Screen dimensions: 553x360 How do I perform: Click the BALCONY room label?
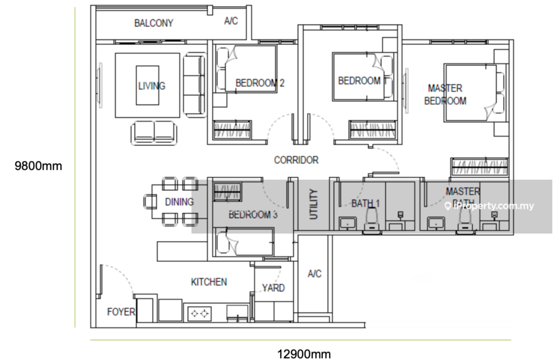pyautogui.click(x=153, y=23)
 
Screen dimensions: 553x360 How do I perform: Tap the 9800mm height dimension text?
pyautogui.click(x=38, y=166)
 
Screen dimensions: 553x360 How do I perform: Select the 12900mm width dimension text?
pyautogui.click(x=304, y=354)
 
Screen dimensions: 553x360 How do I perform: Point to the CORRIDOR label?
pyautogui.click(x=297, y=160)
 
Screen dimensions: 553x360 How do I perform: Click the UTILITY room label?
pyautogui.click(x=314, y=204)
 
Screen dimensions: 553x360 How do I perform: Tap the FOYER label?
pyautogui.click(x=121, y=312)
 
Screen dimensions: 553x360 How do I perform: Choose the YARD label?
pyautogui.click(x=273, y=288)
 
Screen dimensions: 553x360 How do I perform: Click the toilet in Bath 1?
pyautogui.click(x=373, y=220)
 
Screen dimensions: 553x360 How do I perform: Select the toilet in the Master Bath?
pyautogui.click(x=465, y=221)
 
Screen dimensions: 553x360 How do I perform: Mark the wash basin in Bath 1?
pyautogui.click(x=348, y=224)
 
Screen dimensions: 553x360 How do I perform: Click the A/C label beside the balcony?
pyautogui.click(x=231, y=21)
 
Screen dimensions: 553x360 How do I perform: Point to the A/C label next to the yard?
pyautogui.click(x=315, y=274)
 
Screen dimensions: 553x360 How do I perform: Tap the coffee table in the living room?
pyautogui.click(x=147, y=85)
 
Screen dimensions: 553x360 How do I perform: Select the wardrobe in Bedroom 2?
pyautogui.click(x=232, y=129)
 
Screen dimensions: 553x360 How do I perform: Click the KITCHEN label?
pyautogui.click(x=209, y=282)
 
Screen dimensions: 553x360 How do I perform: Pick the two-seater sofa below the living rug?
pyautogui.click(x=153, y=133)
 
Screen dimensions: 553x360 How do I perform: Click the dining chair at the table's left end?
pyautogui.click(x=150, y=202)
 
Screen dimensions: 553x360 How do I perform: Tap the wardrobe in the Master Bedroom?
pyautogui.click(x=480, y=167)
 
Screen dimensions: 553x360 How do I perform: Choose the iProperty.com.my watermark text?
pyautogui.click(x=490, y=206)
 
